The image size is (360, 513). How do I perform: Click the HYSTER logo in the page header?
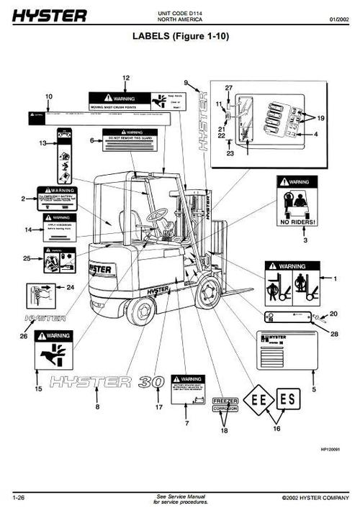click(x=49, y=15)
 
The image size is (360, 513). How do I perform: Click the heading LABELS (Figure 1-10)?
click(x=180, y=35)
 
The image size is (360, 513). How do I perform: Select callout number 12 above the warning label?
click(x=125, y=77)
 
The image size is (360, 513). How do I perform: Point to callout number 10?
click(x=49, y=96)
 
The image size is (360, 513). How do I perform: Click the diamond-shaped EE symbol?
click(x=259, y=398)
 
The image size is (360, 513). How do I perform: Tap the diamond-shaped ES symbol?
click(x=288, y=398)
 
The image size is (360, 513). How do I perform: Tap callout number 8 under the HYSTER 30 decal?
click(x=97, y=407)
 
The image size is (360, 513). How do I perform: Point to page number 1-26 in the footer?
click(x=20, y=497)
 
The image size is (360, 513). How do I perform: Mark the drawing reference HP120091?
click(x=330, y=448)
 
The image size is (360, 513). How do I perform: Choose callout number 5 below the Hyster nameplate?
click(x=313, y=389)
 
